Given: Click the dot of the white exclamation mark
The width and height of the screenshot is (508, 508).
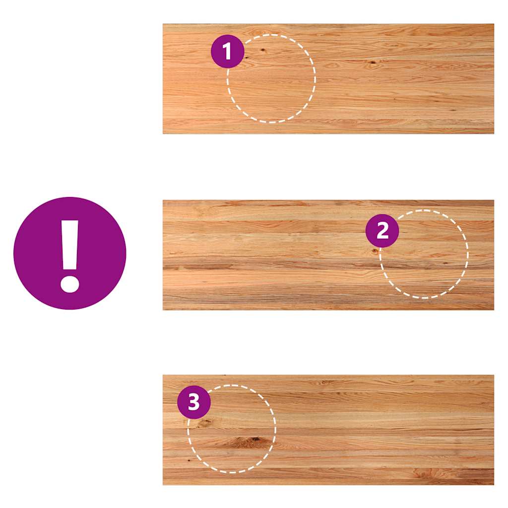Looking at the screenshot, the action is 69,284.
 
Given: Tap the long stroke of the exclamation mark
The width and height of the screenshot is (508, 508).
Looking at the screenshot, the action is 69,245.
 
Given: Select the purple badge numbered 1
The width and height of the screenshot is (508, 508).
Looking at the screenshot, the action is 227,51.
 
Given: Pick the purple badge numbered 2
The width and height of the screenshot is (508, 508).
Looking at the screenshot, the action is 382,231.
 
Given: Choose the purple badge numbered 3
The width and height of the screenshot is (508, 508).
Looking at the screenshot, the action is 194,402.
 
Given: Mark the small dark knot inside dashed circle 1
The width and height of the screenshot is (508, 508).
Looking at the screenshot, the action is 263,50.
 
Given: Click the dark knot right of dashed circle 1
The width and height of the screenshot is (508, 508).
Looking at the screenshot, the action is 373,62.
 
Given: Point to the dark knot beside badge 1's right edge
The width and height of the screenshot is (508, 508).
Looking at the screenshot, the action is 246,58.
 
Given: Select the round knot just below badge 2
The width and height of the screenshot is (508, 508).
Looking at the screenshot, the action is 375,251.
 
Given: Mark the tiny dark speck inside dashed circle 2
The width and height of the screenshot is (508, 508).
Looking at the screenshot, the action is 445,263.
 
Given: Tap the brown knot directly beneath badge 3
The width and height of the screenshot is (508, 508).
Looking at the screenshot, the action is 204,422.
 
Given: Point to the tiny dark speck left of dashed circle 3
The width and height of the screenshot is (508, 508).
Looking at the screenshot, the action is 189,460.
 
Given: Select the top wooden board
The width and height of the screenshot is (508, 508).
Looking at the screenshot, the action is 328,79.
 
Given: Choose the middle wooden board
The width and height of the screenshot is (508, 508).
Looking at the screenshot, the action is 328,255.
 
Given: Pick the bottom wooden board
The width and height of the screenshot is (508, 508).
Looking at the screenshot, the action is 328,430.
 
